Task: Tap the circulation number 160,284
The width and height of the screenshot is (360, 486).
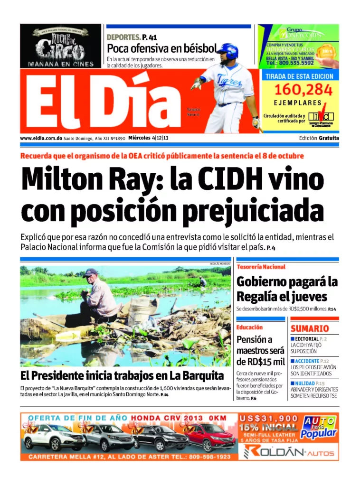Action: [x=299, y=89]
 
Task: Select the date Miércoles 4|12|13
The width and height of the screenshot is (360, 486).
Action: [x=149, y=138]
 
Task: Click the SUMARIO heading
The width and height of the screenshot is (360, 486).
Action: [x=310, y=328]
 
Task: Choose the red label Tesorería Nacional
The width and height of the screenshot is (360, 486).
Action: [x=261, y=267]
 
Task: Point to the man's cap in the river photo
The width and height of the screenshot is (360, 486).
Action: [x=90, y=272]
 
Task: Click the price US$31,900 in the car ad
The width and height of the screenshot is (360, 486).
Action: [x=269, y=419]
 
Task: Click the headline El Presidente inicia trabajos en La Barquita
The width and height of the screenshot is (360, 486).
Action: [x=122, y=376]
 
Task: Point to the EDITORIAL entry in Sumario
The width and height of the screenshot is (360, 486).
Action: [x=306, y=338]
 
